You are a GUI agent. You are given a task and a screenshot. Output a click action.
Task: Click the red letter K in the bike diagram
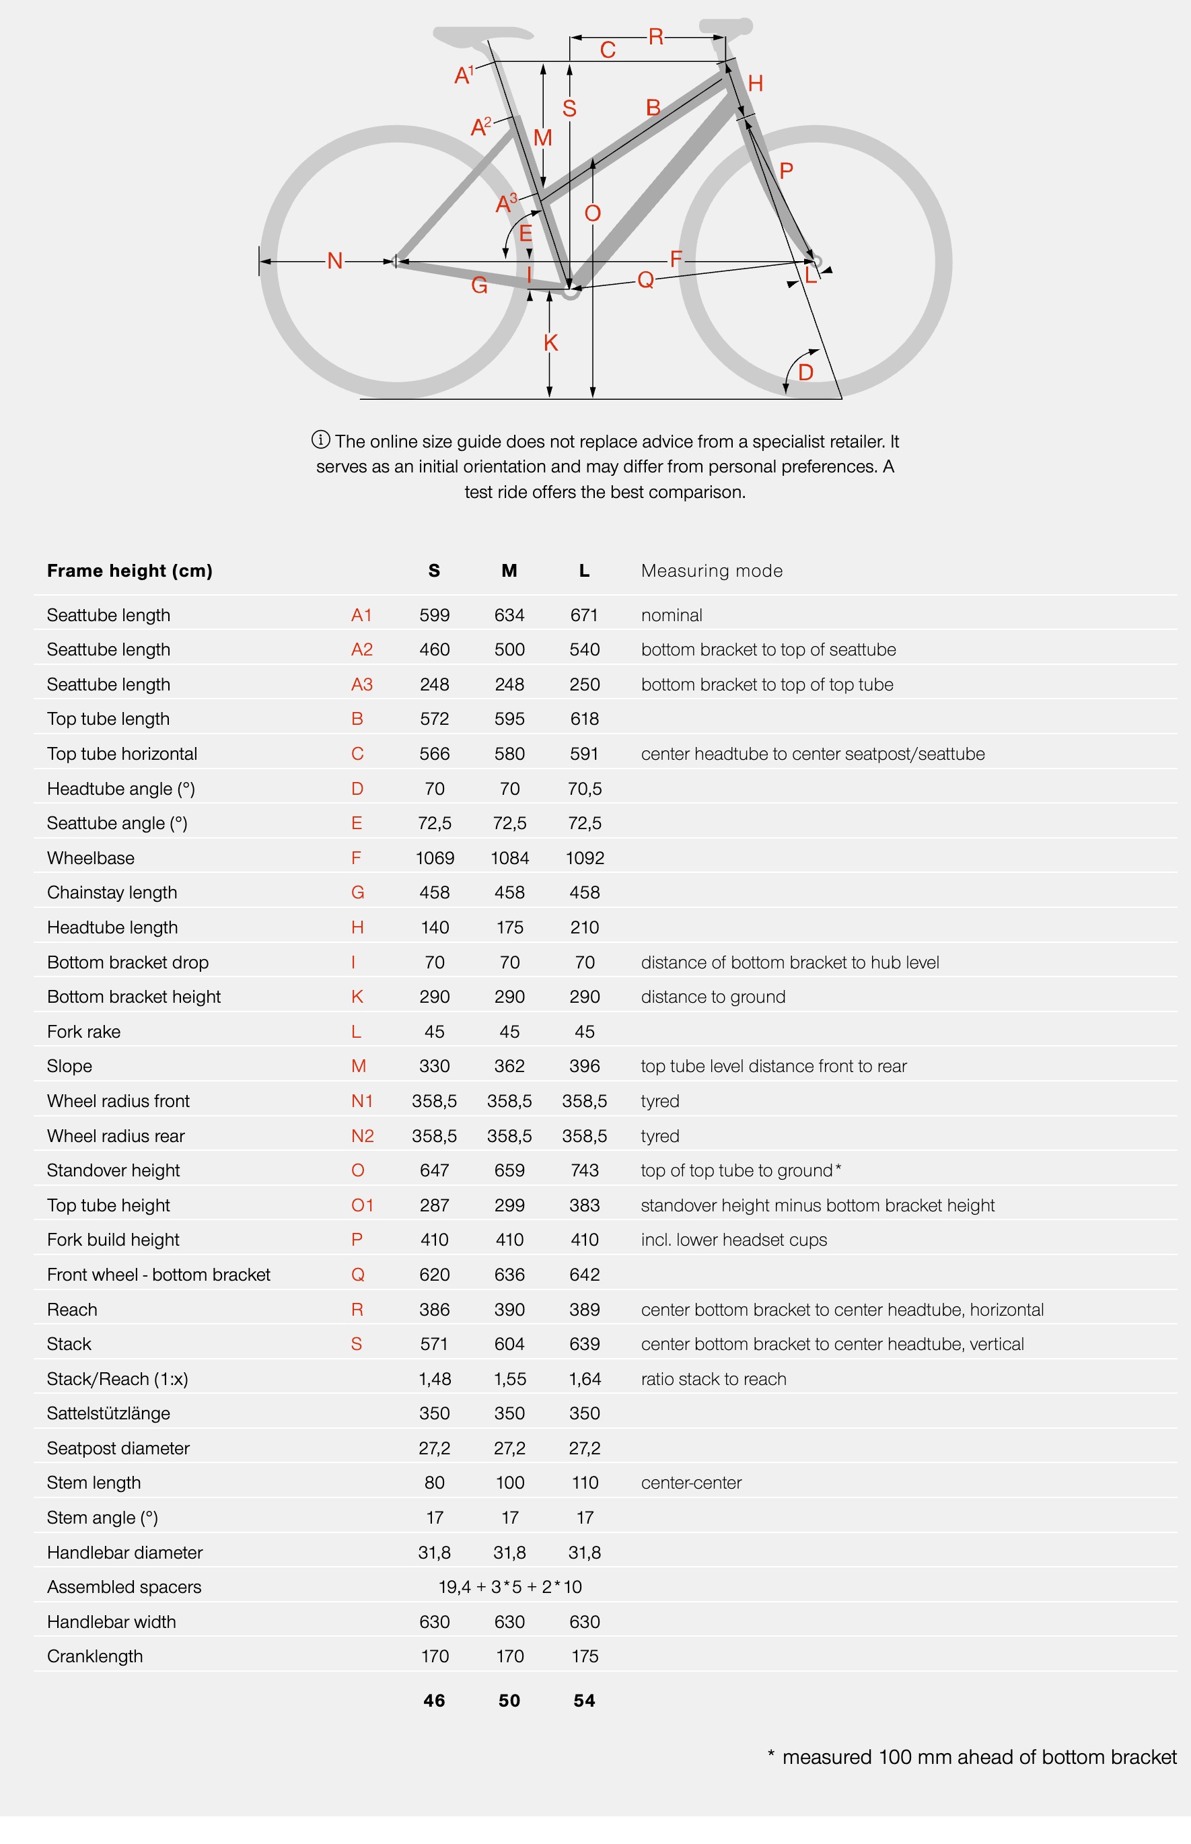point(550,342)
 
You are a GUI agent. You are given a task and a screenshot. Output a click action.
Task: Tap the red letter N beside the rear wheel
point(335,260)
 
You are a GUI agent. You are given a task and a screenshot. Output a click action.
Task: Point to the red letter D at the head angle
point(805,372)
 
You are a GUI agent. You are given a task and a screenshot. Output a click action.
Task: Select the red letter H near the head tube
point(756,83)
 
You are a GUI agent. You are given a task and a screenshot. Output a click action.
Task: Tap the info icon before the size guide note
point(320,440)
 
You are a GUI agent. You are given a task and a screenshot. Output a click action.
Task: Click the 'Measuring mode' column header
point(711,571)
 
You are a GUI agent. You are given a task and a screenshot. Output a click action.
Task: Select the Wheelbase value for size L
point(585,858)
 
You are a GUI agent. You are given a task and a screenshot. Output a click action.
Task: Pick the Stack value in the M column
point(509,1343)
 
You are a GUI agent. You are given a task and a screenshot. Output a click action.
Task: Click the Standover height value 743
point(585,1170)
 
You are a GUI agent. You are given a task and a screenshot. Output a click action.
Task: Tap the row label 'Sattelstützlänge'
point(108,1413)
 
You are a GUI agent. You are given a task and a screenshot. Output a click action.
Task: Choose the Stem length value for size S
point(435,1482)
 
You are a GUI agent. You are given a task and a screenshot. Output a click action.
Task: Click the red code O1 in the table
point(362,1205)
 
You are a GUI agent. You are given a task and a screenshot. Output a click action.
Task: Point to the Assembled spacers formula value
point(509,1586)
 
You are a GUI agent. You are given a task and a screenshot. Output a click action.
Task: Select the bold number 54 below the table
point(585,1700)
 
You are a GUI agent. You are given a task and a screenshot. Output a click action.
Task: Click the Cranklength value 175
point(585,1656)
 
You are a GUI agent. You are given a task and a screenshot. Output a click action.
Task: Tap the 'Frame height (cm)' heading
point(130,571)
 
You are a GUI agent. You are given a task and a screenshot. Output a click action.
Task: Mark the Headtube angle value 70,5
point(585,788)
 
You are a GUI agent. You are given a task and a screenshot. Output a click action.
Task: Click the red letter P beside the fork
point(787,170)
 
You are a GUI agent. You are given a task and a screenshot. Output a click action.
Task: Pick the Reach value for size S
point(435,1310)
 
